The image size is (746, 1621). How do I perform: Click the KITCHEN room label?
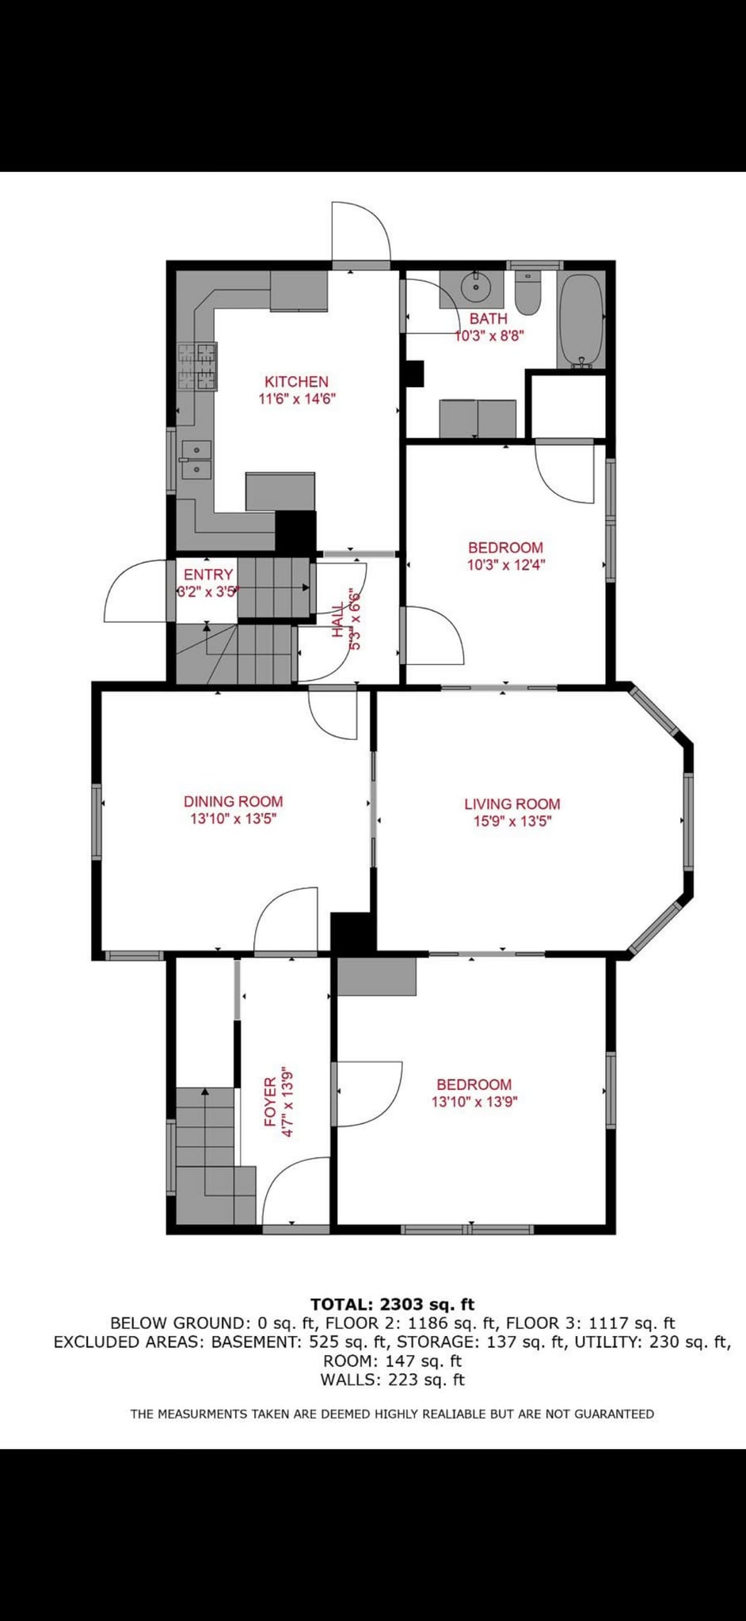(x=296, y=382)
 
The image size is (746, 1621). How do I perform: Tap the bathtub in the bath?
(x=581, y=321)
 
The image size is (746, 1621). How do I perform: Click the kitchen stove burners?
(x=197, y=366)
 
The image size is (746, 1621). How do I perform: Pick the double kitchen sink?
(x=196, y=460)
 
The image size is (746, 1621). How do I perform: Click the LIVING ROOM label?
(x=512, y=804)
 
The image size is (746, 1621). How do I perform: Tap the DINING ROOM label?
(x=233, y=802)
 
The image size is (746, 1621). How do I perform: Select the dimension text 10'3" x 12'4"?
(x=506, y=564)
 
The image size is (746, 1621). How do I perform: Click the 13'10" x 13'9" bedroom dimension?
(x=474, y=1101)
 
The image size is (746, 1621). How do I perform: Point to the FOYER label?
(x=270, y=1102)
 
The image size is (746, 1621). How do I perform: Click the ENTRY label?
(x=208, y=575)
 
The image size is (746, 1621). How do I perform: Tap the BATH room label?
(x=489, y=319)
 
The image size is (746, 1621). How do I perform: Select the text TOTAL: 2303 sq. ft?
(x=392, y=1304)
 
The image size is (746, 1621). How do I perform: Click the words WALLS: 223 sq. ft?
(x=392, y=1380)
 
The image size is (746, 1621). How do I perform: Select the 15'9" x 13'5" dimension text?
(x=512, y=821)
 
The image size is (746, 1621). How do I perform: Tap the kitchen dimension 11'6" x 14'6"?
(x=298, y=399)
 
